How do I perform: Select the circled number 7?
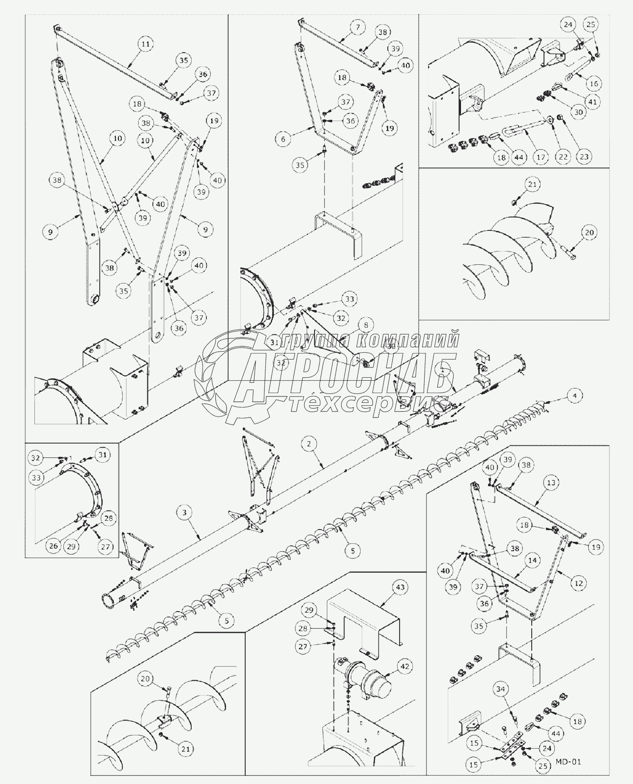click(x=357, y=28)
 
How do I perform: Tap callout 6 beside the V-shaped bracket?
click(x=283, y=139)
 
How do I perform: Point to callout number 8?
click(x=366, y=325)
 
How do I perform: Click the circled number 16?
click(x=594, y=84)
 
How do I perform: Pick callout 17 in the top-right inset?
click(x=541, y=157)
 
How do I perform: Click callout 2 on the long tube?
click(x=309, y=444)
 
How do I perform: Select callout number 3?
click(x=184, y=513)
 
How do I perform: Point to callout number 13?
click(x=551, y=483)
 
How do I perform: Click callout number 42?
click(x=405, y=667)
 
